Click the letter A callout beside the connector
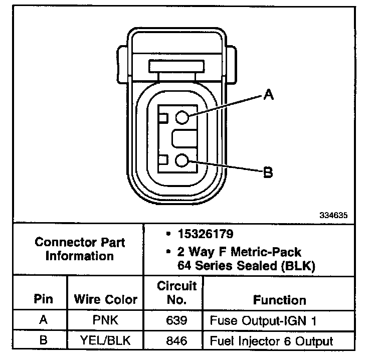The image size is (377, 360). pos(269,94)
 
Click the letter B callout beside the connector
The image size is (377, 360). pos(268,172)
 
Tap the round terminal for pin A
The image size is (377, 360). pos(182,117)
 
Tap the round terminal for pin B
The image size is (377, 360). pos(182,160)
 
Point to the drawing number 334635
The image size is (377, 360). pos(333,215)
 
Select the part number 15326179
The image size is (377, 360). pos(206,234)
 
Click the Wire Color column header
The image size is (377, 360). pos(106,299)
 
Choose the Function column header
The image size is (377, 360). pos(280,300)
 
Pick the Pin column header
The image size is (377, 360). pos(43,299)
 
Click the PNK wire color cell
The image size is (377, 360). pos(106,320)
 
